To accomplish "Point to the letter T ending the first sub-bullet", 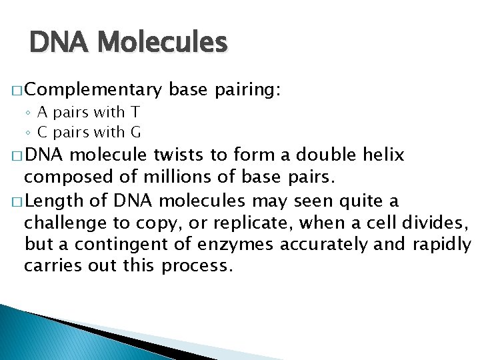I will coord(135,113).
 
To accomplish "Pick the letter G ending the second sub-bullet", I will coord(136,131).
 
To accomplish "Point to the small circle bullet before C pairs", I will coord(31,132).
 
